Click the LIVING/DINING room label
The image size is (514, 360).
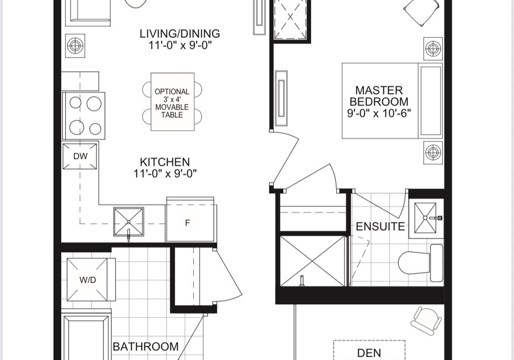tap(180, 33)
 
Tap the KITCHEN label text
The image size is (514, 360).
tap(165, 162)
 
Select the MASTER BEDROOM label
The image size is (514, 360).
tap(379, 96)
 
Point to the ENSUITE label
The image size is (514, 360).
tap(380, 227)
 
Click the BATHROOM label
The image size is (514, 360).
tap(146, 347)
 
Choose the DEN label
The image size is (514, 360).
tap(369, 353)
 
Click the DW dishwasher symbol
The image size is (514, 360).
tap(80, 156)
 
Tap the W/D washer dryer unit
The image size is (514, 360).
tap(88, 280)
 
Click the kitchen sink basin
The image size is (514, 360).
tap(128, 221)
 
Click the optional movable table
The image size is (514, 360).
tap(172, 102)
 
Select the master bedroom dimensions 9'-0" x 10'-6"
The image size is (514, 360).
tap(379, 114)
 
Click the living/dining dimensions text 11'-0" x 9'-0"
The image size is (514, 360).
tap(180, 45)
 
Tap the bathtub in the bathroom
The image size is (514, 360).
tap(87, 337)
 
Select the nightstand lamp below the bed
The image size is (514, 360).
tap(433, 152)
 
